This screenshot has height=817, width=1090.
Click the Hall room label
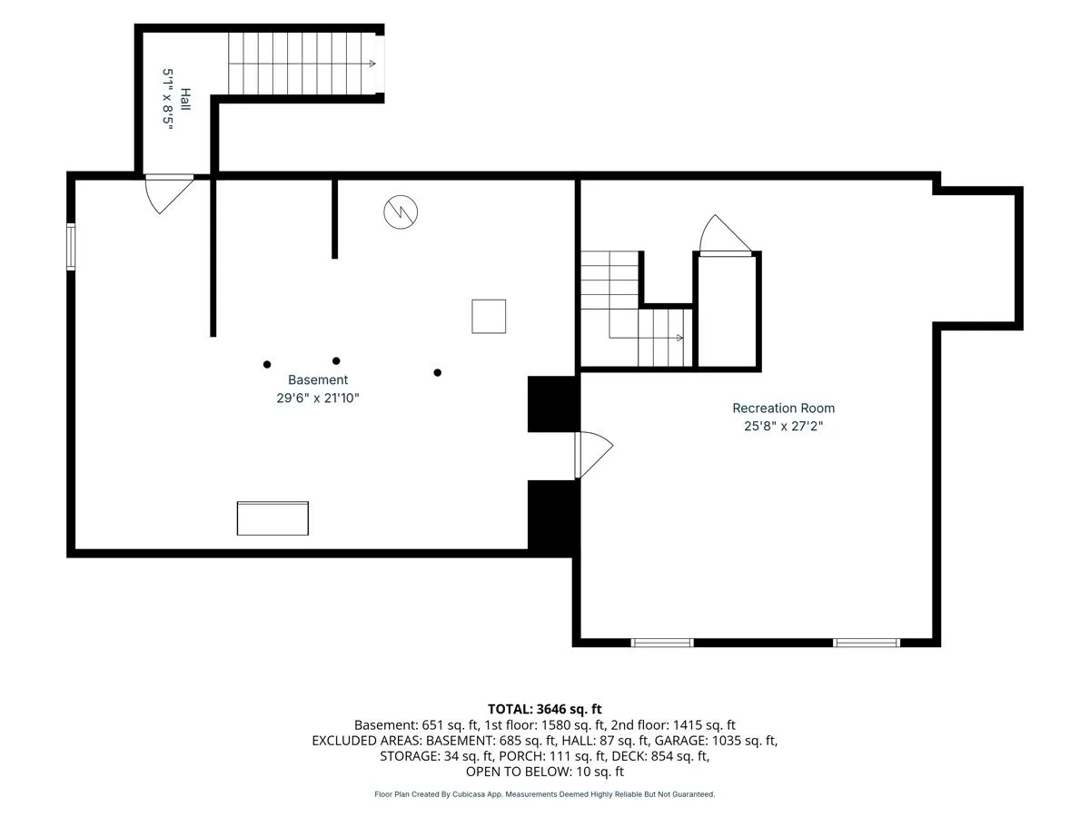point(185,99)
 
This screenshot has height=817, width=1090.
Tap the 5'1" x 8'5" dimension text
point(168,99)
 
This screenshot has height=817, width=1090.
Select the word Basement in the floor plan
point(318,380)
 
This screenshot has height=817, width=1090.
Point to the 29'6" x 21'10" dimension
point(318,398)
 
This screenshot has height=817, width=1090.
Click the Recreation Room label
point(784,408)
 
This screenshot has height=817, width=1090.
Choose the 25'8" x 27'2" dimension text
point(784,426)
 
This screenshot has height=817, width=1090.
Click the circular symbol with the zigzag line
point(401,212)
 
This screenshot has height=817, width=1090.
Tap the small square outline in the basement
point(489,317)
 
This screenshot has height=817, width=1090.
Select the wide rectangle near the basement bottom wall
point(272,518)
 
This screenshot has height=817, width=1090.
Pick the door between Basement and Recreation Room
point(594,455)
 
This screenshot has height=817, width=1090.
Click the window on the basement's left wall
point(71,247)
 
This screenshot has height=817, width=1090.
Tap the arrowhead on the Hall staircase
point(372,64)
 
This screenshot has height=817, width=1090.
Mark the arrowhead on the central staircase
point(679,338)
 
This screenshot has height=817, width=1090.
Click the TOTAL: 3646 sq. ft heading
point(545,709)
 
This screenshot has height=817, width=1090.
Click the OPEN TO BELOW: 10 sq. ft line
point(545,772)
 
